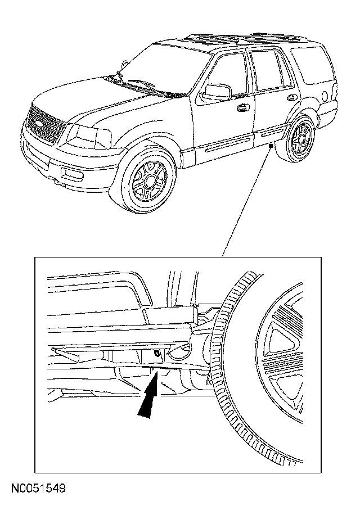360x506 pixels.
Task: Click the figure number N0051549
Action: pos(37,488)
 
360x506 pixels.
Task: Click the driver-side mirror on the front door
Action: pos(218,91)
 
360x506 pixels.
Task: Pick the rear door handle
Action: pos(291,97)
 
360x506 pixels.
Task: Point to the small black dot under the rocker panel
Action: pos(272,146)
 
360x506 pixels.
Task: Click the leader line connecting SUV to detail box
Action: pos(247,202)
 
